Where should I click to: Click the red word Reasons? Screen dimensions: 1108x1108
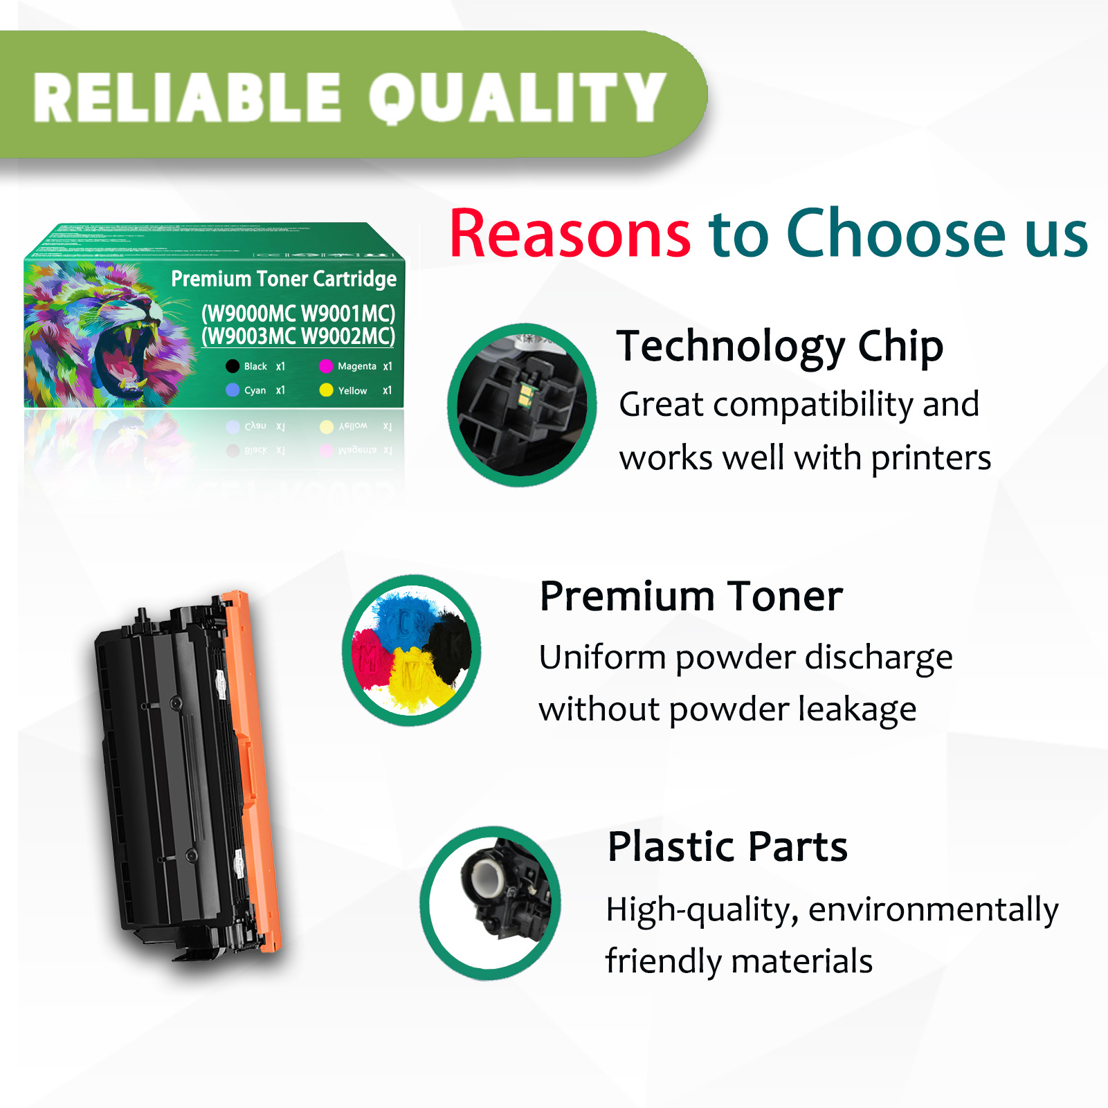click(570, 234)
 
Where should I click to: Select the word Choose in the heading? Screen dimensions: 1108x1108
click(896, 234)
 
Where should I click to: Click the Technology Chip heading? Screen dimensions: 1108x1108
click(779, 345)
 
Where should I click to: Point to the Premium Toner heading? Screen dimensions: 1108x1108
click(691, 596)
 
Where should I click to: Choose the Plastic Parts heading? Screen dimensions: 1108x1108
click(727, 846)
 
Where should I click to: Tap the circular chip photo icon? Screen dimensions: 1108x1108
click(522, 405)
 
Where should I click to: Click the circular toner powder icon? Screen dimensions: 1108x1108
click(412, 651)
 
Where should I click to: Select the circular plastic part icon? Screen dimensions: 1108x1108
click(491, 902)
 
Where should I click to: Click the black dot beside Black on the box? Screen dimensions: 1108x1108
click(233, 366)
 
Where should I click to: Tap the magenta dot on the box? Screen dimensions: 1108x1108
click(326, 366)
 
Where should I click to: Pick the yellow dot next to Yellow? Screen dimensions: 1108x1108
click(326, 390)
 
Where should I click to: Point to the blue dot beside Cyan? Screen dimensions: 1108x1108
click(233, 390)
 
